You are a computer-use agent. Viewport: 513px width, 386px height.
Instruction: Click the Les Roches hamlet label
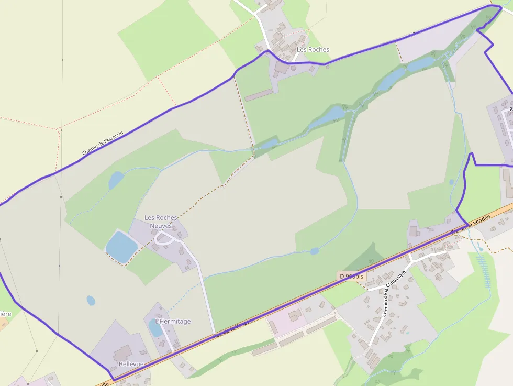pyautogui.click(x=313, y=50)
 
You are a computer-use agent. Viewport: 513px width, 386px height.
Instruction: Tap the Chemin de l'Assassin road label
pyautogui.click(x=103, y=144)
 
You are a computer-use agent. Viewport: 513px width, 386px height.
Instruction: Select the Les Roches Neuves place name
pyautogui.click(x=161, y=222)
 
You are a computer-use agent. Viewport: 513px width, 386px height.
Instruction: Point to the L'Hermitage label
pyautogui.click(x=173, y=321)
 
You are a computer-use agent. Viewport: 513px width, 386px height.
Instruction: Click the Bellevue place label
pyautogui.click(x=131, y=364)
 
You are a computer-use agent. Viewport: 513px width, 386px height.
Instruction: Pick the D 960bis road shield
pyautogui.click(x=351, y=276)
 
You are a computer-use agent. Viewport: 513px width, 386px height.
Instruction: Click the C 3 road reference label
pyautogui.click(x=412, y=35)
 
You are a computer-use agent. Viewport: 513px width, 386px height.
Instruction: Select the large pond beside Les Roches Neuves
pyautogui.click(x=121, y=246)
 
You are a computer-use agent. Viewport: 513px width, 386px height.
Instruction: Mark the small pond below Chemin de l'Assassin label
pyautogui.click(x=116, y=180)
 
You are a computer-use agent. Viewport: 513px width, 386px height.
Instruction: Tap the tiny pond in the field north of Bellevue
pyautogui.click(x=91, y=301)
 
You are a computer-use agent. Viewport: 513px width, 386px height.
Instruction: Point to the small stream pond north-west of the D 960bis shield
pyautogui.click(x=314, y=251)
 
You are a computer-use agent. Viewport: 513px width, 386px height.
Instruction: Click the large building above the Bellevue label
pyautogui.click(x=124, y=352)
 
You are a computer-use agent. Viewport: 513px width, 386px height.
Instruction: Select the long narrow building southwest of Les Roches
pyautogui.click(x=259, y=95)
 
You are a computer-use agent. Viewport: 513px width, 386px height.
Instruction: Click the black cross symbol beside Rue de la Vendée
pyautogui.click(x=503, y=207)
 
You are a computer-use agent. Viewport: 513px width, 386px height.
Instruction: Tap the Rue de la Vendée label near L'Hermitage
pyautogui.click(x=233, y=328)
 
